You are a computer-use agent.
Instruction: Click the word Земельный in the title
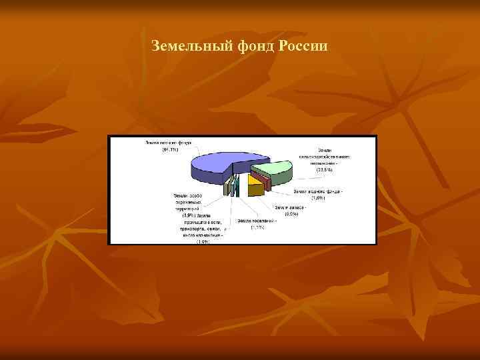click(191, 47)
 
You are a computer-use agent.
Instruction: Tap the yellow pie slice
click(253, 179)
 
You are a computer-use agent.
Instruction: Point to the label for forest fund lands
click(168, 142)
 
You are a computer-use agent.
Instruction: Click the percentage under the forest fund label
click(169, 149)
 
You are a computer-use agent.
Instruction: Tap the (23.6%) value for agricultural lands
click(325, 170)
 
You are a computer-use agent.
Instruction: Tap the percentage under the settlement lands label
click(257, 228)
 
